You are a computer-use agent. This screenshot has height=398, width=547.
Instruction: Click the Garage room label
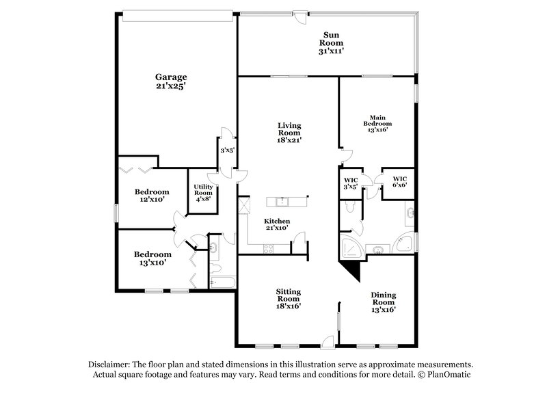point(170,77)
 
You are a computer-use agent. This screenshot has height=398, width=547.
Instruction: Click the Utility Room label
point(203,190)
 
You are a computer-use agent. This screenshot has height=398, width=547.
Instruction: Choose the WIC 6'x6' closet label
point(399,182)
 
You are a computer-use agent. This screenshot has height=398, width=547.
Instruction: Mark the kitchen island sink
point(282,201)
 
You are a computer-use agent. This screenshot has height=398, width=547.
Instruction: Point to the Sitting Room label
point(289,295)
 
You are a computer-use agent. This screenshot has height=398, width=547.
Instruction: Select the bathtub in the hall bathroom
point(222,281)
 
